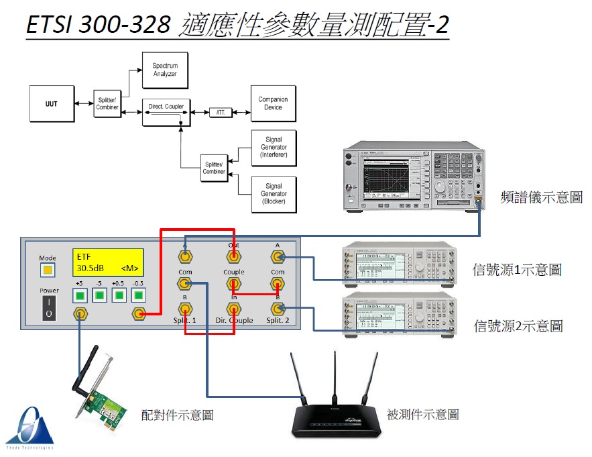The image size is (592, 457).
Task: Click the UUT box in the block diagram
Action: (52, 104)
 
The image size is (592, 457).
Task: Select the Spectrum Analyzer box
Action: (165, 69)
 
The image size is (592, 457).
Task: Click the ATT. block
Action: (220, 112)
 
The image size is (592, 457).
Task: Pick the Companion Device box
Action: (273, 103)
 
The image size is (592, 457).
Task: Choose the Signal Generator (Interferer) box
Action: (273, 148)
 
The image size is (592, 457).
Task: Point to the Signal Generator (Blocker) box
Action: (273, 193)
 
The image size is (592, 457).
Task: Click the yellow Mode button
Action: (47, 270)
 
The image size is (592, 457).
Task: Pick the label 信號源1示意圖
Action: (517, 270)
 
